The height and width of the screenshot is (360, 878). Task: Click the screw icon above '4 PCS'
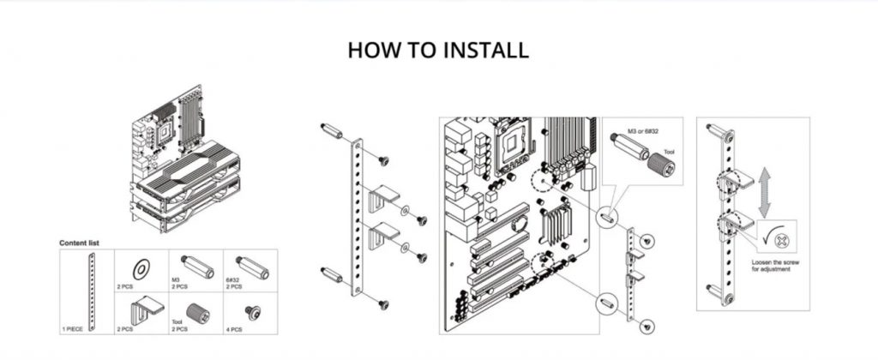[253, 310]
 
